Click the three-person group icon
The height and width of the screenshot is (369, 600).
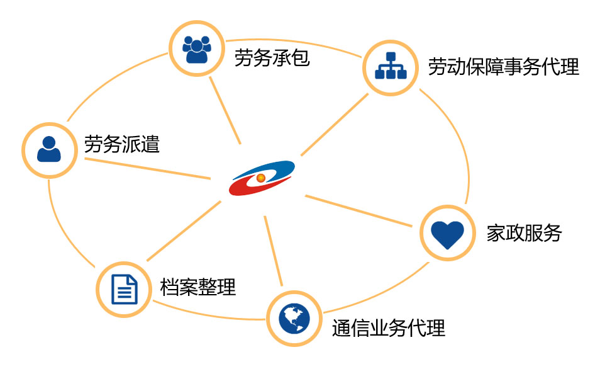pyautogui.click(x=196, y=49)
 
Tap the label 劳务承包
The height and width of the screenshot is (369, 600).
pyautogui.click(x=272, y=59)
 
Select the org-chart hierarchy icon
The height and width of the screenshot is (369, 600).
pyautogui.click(x=391, y=68)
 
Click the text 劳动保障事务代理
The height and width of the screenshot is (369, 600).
pyautogui.click(x=503, y=67)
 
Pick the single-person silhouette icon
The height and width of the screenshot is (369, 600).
pyautogui.click(x=49, y=149)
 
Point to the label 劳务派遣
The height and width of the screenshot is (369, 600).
pyautogui.click(x=122, y=145)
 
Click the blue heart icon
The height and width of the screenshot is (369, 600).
pyautogui.click(x=447, y=234)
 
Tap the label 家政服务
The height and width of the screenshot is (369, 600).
pyautogui.click(x=524, y=233)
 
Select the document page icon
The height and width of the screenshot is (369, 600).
pyautogui.click(x=124, y=290)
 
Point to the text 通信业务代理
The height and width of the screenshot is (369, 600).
pyautogui.click(x=388, y=327)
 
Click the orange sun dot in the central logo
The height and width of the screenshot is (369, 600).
pyautogui.click(x=261, y=178)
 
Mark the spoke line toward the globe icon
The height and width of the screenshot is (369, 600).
pyautogui.click(x=274, y=252)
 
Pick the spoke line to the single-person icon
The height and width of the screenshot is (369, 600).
pyautogui.click(x=148, y=168)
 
